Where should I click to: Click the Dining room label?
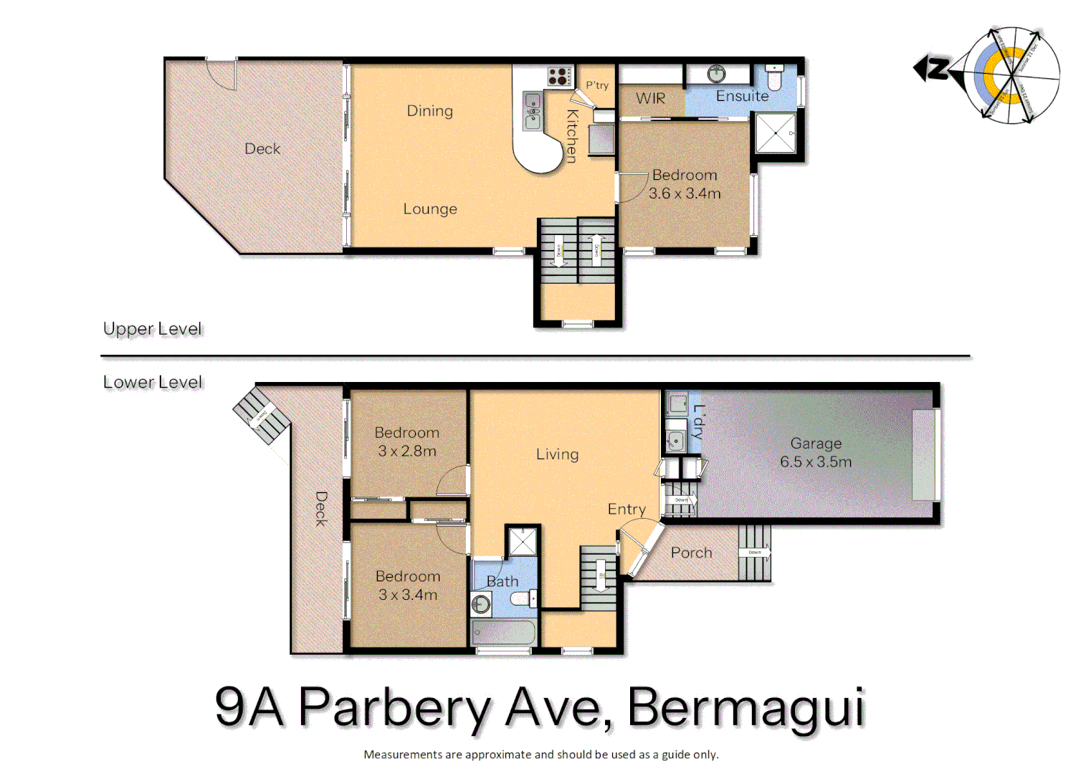click(429, 111)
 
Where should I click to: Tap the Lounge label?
click(429, 209)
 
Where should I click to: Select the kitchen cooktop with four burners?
click(559, 76)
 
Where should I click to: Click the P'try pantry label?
click(597, 85)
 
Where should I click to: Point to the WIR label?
click(650, 98)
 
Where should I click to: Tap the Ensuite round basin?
click(716, 74)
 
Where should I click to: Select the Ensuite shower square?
click(775, 133)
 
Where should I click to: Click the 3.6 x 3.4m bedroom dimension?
click(685, 193)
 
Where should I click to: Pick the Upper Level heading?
click(153, 329)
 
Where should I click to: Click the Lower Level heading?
click(153, 382)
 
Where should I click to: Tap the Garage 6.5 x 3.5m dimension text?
click(816, 462)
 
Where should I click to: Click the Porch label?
click(691, 553)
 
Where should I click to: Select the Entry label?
click(627, 509)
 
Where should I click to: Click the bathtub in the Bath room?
click(503, 633)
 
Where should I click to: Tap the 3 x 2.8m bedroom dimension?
click(407, 451)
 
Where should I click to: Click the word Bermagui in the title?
click(746, 707)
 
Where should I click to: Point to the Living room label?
click(557, 454)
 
